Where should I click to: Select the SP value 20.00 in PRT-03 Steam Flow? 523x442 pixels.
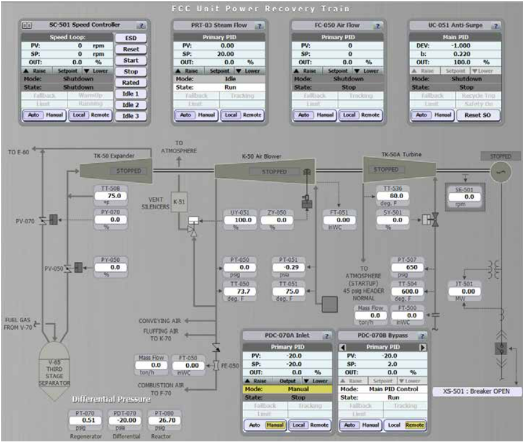pos(227,53)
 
